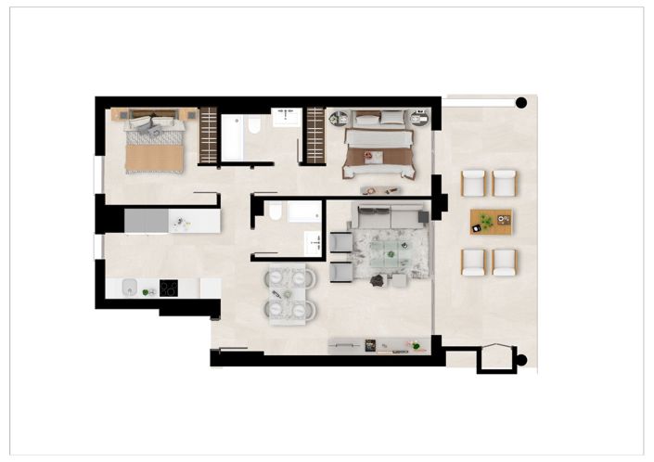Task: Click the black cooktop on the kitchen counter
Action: (x=169, y=288)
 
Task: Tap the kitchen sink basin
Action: (x=130, y=288)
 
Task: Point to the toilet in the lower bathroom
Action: (x=275, y=214)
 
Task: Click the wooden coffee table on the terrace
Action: (x=490, y=222)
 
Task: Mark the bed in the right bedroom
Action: (x=378, y=148)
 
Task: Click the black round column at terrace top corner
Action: (x=521, y=103)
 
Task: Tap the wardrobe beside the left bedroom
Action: (x=208, y=135)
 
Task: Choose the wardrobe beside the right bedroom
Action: (x=315, y=135)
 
